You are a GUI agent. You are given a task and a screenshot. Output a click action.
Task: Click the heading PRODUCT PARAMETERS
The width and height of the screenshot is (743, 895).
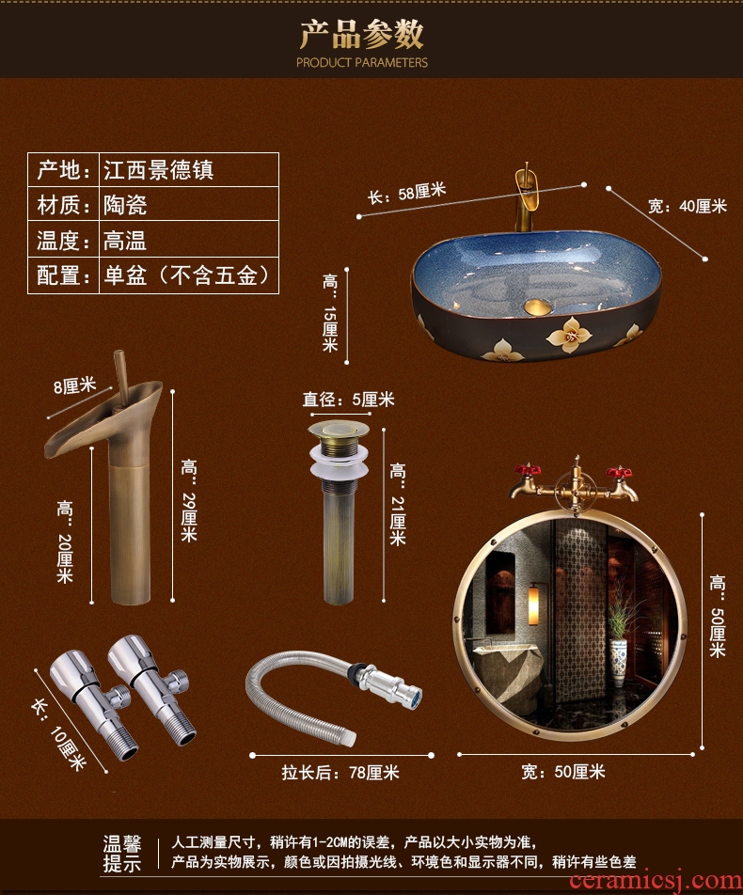pyautogui.click(x=361, y=62)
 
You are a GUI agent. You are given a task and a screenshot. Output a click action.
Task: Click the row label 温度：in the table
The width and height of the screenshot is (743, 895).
pyautogui.click(x=63, y=241)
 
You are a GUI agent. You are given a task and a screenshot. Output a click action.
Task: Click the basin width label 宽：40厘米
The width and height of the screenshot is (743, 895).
pyautogui.click(x=688, y=206)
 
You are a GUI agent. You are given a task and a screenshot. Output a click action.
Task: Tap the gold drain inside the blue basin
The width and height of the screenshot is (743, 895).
pyautogui.click(x=537, y=307)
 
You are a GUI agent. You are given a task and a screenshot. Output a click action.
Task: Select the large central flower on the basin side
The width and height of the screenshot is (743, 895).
pyautogui.click(x=569, y=335)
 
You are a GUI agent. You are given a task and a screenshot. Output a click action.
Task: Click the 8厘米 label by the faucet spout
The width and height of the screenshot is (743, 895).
pyautogui.click(x=75, y=386)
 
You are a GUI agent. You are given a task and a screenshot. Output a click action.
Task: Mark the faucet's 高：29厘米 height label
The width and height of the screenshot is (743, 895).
pyautogui.click(x=189, y=500)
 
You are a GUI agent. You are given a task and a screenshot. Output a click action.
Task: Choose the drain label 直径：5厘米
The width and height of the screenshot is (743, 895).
pyautogui.click(x=348, y=400)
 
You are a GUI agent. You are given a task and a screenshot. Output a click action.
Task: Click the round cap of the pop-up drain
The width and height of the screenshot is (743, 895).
pyautogui.click(x=339, y=429)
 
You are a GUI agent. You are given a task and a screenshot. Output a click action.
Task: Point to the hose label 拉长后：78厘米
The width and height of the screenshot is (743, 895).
pyautogui.click(x=340, y=773)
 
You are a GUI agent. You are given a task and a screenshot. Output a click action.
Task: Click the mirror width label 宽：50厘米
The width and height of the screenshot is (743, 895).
pyautogui.click(x=563, y=772)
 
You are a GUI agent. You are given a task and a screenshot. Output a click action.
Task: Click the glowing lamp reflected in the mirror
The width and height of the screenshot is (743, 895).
pyautogui.click(x=533, y=605)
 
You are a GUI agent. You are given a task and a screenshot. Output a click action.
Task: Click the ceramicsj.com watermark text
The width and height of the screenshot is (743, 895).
pyautogui.click(x=655, y=881)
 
